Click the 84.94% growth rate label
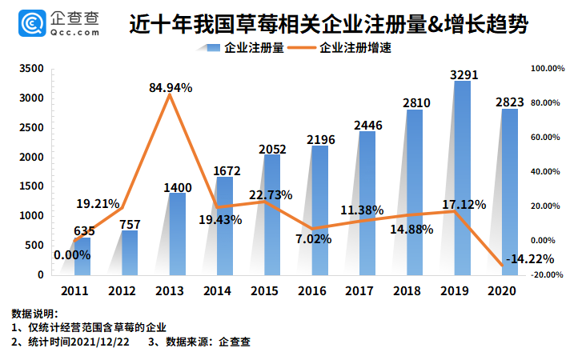coord(171,88)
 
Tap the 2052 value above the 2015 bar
coord(271,149)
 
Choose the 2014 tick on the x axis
coord(219,292)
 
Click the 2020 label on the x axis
coord(502,292)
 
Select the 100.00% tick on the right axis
coord(548,69)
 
